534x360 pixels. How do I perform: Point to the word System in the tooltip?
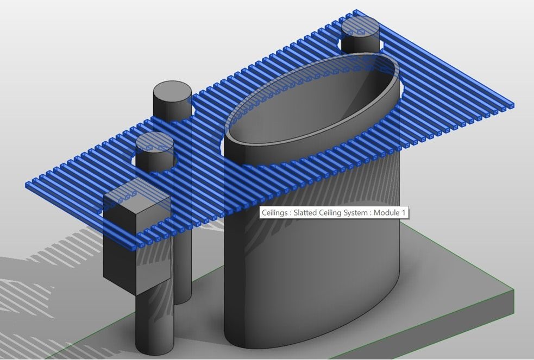pos(358,213)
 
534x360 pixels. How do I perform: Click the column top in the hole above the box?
pos(155,143)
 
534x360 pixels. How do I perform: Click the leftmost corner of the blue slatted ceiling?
pos(27,185)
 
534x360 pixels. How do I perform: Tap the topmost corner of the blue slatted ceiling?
pos(356,11)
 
